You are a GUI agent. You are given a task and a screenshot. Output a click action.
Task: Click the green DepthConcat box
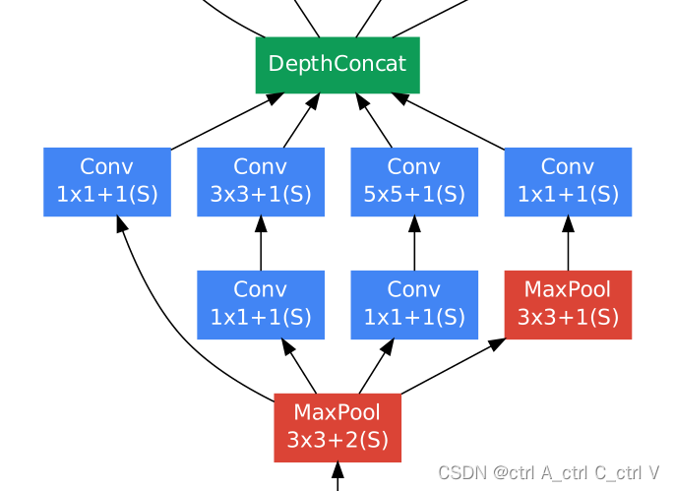tap(337, 65)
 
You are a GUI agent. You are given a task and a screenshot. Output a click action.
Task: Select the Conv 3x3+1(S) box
tap(261, 181)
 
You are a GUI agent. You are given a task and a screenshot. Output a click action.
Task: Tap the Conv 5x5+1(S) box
tap(414, 181)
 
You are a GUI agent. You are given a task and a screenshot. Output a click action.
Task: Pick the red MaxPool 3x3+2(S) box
tap(337, 427)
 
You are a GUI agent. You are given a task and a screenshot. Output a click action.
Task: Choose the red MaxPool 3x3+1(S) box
tap(568, 304)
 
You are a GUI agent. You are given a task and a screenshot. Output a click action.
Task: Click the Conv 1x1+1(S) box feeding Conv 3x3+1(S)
tap(261, 304)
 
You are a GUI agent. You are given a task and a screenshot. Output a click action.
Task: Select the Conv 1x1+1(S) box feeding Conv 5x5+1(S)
tap(414, 304)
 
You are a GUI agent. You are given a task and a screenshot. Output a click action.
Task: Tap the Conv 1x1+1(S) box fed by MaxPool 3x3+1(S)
tap(568, 181)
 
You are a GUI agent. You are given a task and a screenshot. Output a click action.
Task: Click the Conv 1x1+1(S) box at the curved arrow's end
tap(107, 181)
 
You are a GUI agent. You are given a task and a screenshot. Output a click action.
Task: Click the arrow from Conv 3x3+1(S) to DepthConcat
tap(299, 123)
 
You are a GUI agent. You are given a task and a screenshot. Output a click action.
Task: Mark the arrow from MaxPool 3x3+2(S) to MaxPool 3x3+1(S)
tap(453, 366)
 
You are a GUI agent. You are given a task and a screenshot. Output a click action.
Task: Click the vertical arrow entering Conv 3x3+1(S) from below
tap(261, 246)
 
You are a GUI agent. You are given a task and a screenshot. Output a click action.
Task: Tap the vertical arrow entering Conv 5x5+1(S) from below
tap(414, 246)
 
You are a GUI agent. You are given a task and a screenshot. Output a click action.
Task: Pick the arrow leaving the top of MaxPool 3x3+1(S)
tap(568, 246)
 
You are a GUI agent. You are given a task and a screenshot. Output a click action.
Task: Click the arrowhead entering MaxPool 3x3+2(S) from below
tap(337, 470)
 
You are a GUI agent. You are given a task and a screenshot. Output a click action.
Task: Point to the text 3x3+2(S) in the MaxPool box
tap(337, 440)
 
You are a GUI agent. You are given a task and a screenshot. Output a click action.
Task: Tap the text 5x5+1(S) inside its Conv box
tap(414, 194)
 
